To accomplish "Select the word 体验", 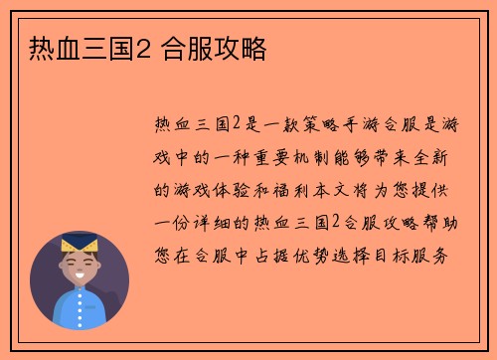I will click(232, 189).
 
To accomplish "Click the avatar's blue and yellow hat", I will click(79, 242).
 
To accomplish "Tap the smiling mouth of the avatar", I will click(80, 275).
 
